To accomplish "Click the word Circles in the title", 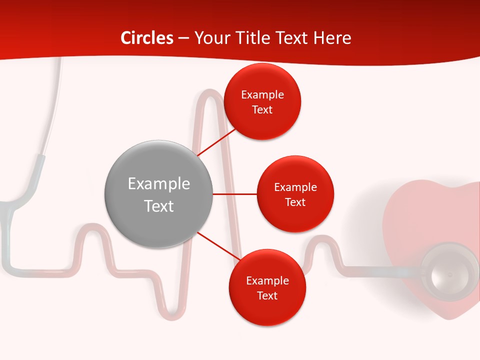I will pos(147,38).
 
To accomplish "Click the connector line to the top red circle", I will pos(216,142).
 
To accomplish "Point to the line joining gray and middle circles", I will pos(234,194).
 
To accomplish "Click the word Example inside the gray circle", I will pos(158,183).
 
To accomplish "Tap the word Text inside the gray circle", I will pos(158,206).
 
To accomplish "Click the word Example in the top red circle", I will pos(262,94).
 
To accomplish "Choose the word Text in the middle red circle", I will pos(295,202).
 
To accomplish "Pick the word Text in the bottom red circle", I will pos(267,295).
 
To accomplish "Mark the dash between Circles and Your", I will pos(183,38).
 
